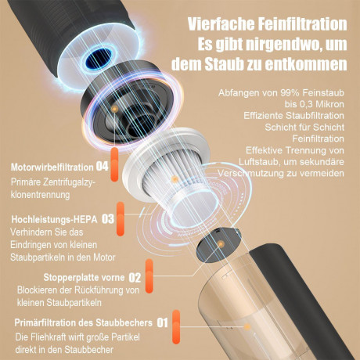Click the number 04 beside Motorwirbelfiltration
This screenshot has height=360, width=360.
click(x=102, y=166)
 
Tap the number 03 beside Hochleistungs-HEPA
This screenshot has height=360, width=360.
click(x=108, y=219)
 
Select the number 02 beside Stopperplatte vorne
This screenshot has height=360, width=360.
click(x=134, y=276)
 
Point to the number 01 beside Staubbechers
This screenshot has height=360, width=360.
click(x=163, y=322)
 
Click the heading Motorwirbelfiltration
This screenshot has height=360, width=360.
click(x=52, y=166)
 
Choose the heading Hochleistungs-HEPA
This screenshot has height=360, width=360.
click(x=55, y=219)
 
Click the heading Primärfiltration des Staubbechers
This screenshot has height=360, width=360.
click(x=83, y=322)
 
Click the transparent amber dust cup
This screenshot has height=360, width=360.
click(x=258, y=313)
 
